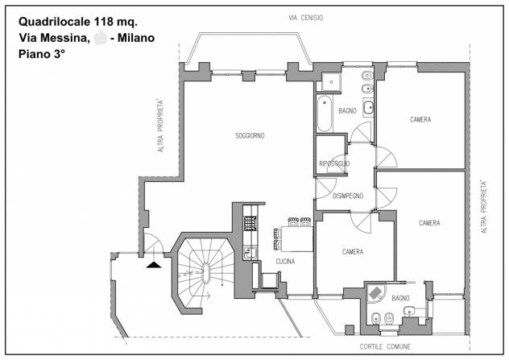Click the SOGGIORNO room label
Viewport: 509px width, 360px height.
coord(250,135)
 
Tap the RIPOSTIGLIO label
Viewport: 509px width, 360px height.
coord(334,163)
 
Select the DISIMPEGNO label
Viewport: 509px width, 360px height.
coord(348,196)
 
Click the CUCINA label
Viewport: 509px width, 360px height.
coord(285,261)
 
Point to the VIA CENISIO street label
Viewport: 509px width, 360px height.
coord(306,18)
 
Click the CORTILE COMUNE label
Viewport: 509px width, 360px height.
coord(385,346)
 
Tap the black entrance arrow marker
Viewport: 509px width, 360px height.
coord(154,264)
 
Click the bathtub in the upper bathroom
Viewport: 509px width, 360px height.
coord(325,114)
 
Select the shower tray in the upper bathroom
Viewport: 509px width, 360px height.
coord(331,82)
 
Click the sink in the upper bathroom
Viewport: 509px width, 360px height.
coord(368,108)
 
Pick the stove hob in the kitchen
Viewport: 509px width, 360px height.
coord(250,223)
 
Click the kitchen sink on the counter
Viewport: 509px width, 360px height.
coord(250,253)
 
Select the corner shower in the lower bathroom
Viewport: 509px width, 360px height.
coord(375,293)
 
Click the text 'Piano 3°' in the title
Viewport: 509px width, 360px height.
coord(42,54)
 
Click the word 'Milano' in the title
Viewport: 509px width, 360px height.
coord(136,38)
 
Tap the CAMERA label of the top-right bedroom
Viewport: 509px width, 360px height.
coord(420,119)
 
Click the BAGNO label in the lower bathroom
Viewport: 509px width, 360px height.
coord(400,298)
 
